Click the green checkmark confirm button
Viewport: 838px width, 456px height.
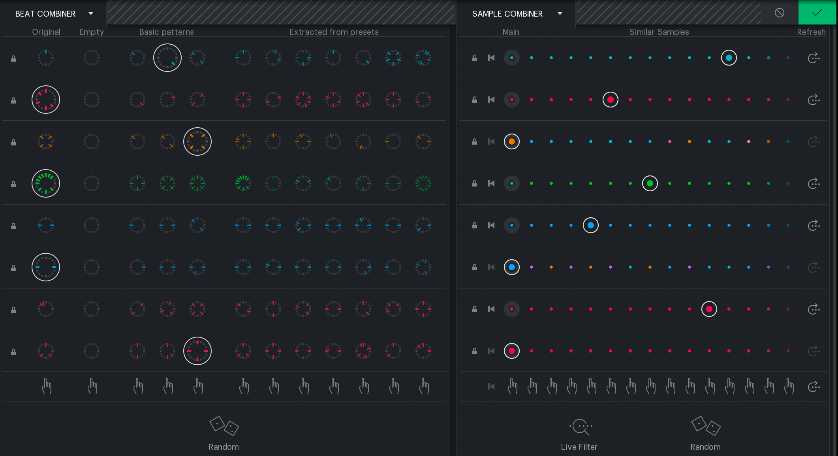click(x=817, y=13)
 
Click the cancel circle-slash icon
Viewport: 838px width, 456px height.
click(x=780, y=13)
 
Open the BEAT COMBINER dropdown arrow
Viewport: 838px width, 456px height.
click(x=91, y=13)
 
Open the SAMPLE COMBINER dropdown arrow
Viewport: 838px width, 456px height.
click(x=560, y=13)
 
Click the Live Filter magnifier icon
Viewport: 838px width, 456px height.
click(x=581, y=427)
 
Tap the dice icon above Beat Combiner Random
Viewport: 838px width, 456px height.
click(x=224, y=426)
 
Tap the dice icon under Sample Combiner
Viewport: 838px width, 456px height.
click(x=706, y=426)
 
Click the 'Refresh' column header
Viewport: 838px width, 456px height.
click(x=811, y=32)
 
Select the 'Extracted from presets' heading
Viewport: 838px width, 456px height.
click(x=334, y=32)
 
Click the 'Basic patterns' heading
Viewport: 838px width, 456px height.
click(x=166, y=32)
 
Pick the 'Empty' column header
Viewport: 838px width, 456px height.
click(x=91, y=32)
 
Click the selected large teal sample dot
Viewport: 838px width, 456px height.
click(x=729, y=58)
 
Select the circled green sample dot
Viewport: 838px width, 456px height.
click(x=650, y=183)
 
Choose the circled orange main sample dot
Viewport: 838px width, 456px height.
click(x=512, y=141)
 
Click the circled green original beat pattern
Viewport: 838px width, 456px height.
click(x=46, y=183)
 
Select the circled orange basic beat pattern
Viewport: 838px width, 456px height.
click(x=197, y=141)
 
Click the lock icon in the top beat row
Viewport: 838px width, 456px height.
click(x=13, y=58)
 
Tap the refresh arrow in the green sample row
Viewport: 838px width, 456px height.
click(x=814, y=183)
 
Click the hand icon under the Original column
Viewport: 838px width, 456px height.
click(x=47, y=386)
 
